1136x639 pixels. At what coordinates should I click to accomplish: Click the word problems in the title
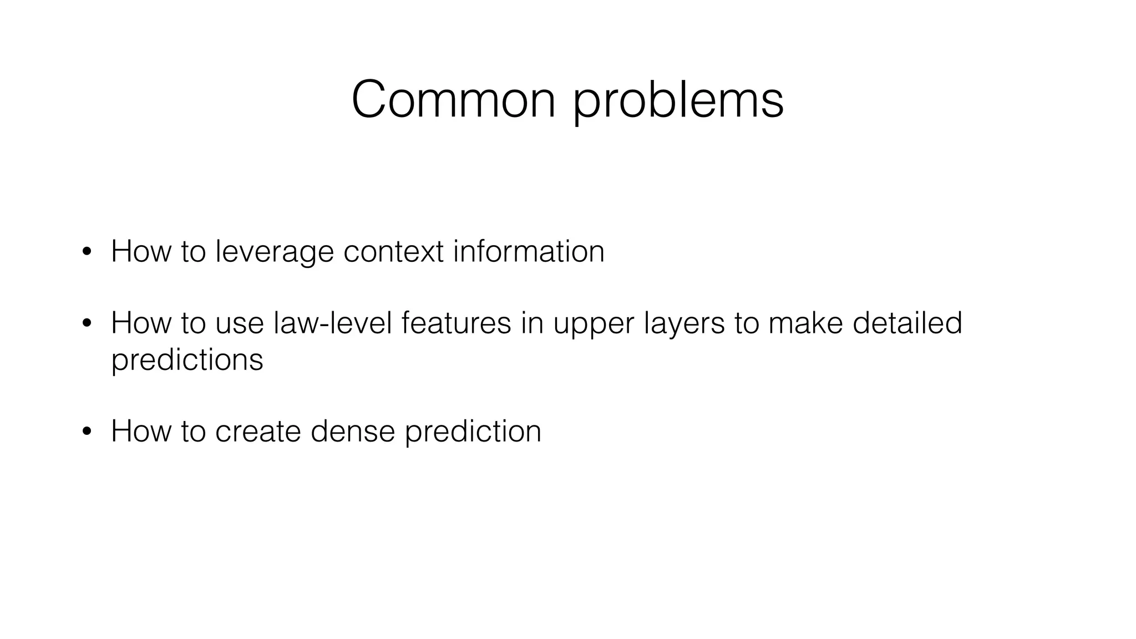click(678, 101)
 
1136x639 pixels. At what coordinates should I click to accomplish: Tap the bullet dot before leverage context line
click(86, 252)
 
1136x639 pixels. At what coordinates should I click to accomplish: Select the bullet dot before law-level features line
click(86, 324)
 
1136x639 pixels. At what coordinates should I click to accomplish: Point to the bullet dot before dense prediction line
click(86, 432)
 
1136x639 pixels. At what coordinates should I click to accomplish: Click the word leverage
click(275, 252)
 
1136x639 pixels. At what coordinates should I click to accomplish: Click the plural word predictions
click(187, 360)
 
